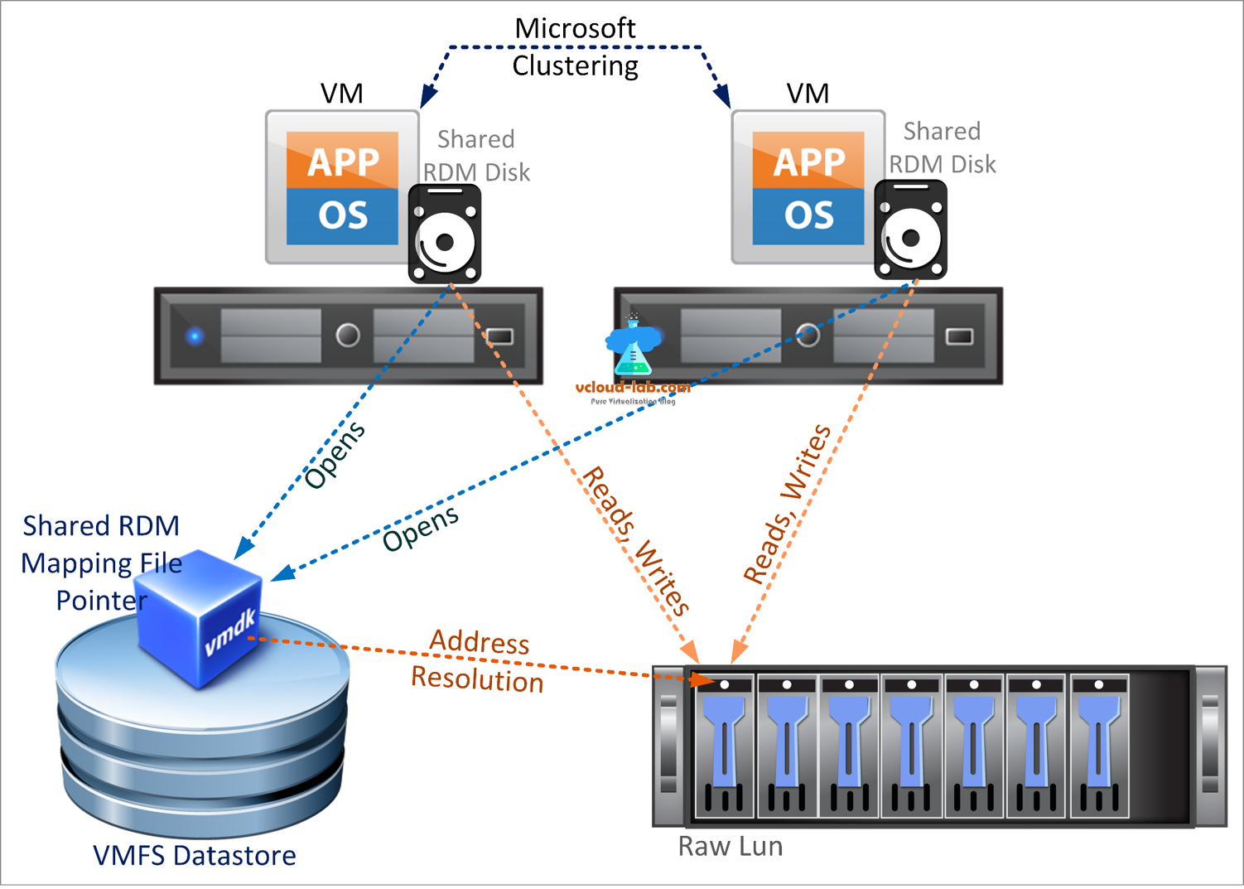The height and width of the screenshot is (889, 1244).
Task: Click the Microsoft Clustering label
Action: tap(575, 47)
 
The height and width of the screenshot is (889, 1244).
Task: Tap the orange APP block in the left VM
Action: tap(342, 161)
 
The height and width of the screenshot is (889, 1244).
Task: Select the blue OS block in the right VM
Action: tap(808, 215)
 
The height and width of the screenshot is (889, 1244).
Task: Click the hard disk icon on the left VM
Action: tap(445, 234)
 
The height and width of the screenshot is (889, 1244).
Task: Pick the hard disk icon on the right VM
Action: tap(910, 230)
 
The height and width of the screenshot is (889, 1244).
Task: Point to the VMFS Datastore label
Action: tap(194, 855)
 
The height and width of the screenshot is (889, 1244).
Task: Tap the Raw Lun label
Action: tap(730, 846)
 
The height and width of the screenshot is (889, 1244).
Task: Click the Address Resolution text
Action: tap(478, 661)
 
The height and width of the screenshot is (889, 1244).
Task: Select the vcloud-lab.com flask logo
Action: tap(633, 348)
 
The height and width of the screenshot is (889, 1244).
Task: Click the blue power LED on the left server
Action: tap(195, 336)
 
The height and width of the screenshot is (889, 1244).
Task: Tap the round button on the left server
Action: tap(348, 336)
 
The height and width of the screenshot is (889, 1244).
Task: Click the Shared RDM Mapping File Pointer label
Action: tap(101, 563)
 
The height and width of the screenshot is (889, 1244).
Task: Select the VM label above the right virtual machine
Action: tap(808, 94)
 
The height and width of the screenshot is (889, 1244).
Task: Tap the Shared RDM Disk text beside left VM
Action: tap(476, 155)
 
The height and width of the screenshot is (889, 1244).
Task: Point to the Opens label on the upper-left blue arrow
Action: tap(335, 455)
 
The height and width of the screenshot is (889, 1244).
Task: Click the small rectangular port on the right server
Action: tap(959, 336)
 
